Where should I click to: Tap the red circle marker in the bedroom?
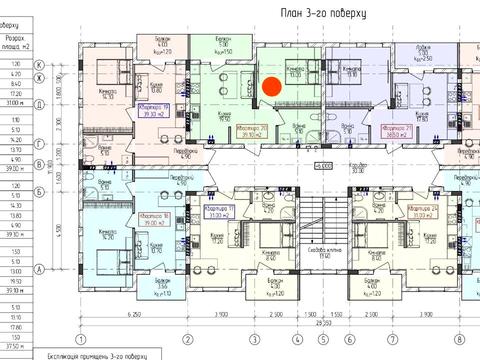pyautogui.click(x=270, y=86)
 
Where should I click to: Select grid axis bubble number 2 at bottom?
pyautogui.click(x=187, y=338)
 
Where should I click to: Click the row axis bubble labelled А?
pyautogui.click(x=67, y=269)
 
